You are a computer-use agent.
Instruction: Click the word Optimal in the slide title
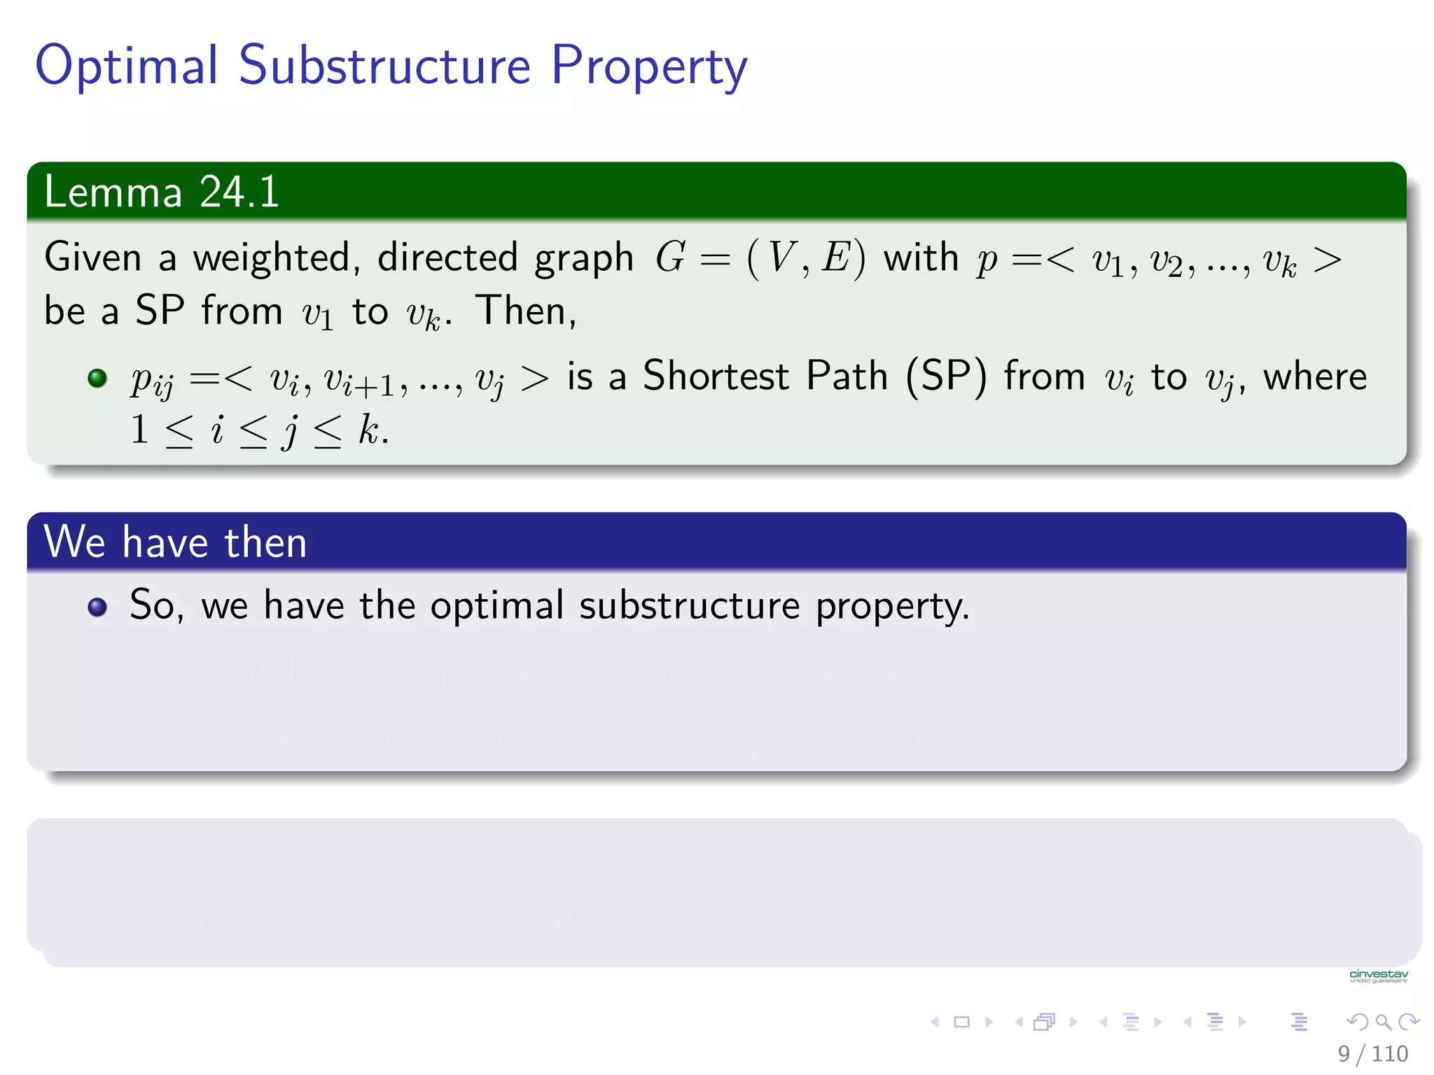point(127,66)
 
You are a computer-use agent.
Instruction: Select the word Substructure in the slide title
point(384,66)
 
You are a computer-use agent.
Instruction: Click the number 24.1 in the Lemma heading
point(239,192)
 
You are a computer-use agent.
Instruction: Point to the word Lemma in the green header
point(113,192)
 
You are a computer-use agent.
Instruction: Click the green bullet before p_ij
point(97,379)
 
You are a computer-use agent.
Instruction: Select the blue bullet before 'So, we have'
point(97,607)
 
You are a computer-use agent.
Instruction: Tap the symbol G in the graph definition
point(669,258)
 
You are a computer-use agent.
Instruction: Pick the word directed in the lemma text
point(447,258)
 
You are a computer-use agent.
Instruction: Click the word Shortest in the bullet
point(716,377)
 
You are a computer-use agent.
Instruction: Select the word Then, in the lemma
point(526,311)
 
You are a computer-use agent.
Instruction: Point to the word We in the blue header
point(74,542)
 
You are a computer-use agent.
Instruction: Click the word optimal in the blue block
point(496,605)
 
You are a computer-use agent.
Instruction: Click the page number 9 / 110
point(1372,1053)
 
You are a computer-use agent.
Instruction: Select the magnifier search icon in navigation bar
point(1383,1022)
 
